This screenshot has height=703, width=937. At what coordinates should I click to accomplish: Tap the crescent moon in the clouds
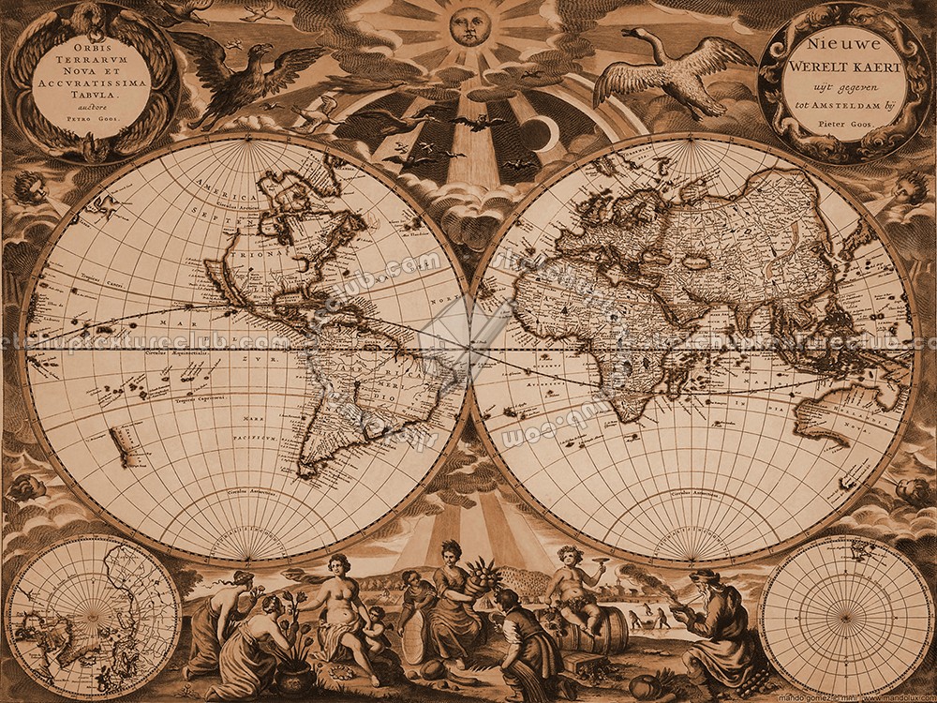click(x=543, y=134)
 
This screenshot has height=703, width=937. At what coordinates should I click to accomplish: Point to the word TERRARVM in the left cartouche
click(x=92, y=57)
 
